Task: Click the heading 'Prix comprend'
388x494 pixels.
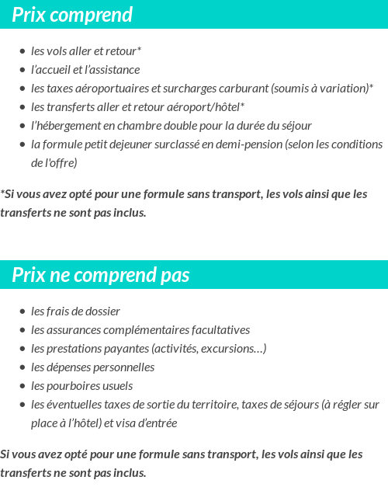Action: (72, 15)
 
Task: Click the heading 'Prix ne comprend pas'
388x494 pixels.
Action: (100, 275)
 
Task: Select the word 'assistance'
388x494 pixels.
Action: (116, 69)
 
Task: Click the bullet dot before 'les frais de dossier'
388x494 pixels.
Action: (23, 311)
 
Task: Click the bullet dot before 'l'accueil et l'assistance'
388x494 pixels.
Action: (23, 70)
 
